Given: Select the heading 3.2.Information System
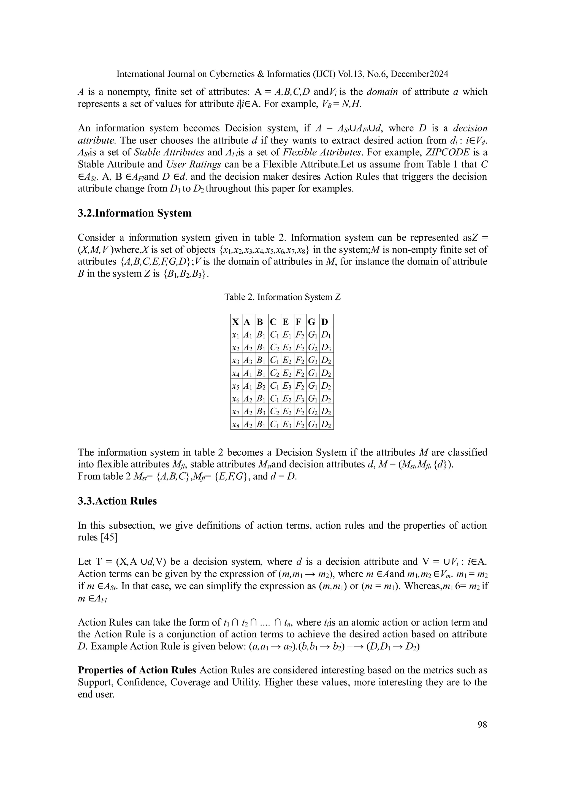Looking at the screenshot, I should [x=134, y=213].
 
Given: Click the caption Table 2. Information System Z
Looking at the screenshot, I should [x=282, y=297].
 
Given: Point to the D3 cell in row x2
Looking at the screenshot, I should [x=326, y=348].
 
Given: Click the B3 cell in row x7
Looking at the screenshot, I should [x=261, y=412].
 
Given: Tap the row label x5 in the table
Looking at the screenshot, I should [x=235, y=386].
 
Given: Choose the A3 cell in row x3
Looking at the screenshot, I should [x=247, y=360].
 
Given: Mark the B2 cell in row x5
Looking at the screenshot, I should [x=261, y=386].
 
